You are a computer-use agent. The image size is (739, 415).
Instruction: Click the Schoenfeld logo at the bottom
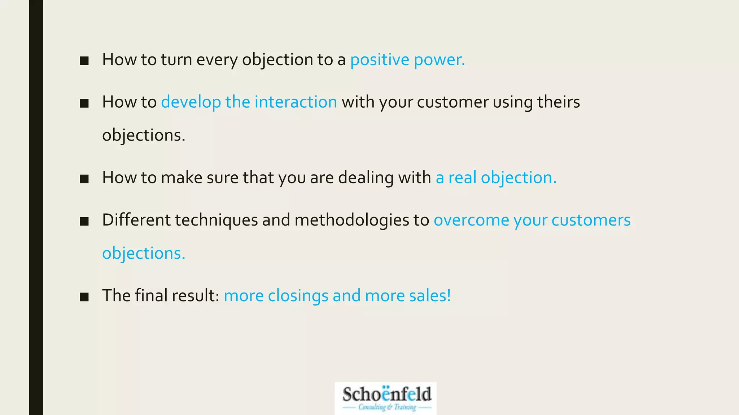(385, 398)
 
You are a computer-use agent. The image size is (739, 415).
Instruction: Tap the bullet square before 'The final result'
(84, 296)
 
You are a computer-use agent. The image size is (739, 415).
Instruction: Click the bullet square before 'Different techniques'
(84, 221)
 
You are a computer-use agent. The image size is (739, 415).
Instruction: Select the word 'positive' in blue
(380, 60)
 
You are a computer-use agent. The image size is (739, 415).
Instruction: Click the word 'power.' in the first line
(439, 60)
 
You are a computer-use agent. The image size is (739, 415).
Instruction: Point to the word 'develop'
(191, 102)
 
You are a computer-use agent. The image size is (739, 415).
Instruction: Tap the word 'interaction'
(296, 102)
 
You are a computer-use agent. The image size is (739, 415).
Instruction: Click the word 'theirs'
(558, 102)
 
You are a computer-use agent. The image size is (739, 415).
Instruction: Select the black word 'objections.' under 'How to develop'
(144, 135)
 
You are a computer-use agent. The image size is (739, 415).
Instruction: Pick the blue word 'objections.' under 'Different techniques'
(144, 253)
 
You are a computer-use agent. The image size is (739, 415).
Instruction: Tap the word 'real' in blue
(462, 178)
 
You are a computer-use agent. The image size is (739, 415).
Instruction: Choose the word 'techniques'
(216, 220)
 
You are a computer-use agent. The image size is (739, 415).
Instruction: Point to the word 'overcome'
(471, 220)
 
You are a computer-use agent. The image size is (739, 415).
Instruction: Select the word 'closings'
(298, 296)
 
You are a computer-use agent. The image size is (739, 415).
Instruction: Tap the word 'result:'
(196, 296)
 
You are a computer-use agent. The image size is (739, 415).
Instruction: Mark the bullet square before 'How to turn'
(84, 61)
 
